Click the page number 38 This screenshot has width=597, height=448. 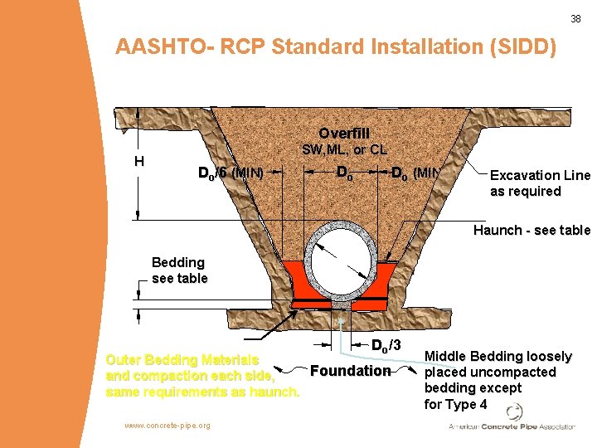(575, 18)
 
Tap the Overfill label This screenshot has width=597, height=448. (344, 134)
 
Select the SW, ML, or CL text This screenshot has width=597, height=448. (344, 150)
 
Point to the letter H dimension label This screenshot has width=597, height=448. (140, 162)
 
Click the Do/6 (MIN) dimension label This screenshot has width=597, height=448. (231, 173)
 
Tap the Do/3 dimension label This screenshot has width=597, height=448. (385, 345)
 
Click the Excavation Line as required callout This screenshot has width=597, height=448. (540, 183)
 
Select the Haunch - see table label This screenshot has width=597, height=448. (531, 230)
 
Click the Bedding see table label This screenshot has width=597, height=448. (179, 270)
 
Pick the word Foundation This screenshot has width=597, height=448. (349, 371)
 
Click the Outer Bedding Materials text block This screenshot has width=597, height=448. (201, 376)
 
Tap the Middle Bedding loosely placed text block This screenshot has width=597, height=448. (498, 380)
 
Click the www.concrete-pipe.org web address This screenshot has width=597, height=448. (167, 426)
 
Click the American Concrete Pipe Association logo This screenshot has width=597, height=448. (512, 419)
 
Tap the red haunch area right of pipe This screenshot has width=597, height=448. (390, 278)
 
